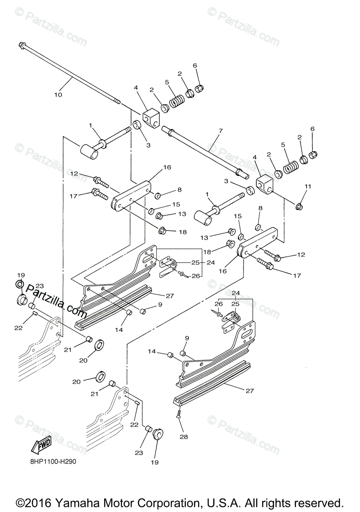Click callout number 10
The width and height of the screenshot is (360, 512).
[x=58, y=94]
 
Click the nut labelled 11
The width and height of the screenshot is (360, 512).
[x=300, y=207]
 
